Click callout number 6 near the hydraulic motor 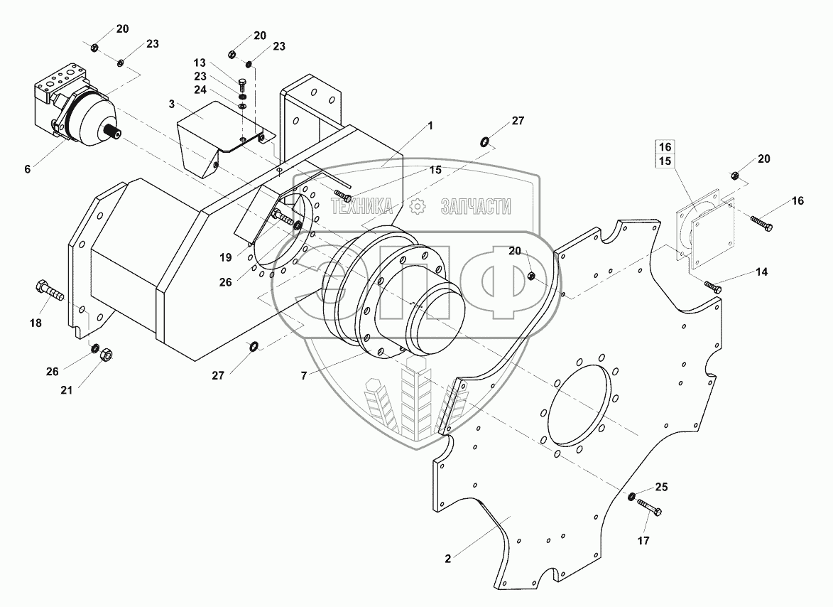(x=28, y=169)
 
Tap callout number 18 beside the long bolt (x=36, y=323)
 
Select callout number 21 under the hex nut (x=66, y=390)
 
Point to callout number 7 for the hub (x=303, y=376)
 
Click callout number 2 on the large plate (x=448, y=559)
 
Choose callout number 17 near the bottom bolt (x=643, y=541)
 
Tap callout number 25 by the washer (x=661, y=487)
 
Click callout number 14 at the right (x=762, y=272)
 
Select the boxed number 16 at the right (x=665, y=146)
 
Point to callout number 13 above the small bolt (x=200, y=63)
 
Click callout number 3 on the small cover (x=172, y=104)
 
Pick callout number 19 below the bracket (x=226, y=257)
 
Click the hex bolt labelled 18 (x=50, y=290)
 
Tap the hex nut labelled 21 (x=106, y=355)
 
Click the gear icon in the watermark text (x=418, y=206)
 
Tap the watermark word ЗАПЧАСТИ (x=476, y=206)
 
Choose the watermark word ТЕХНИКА (x=362, y=206)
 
